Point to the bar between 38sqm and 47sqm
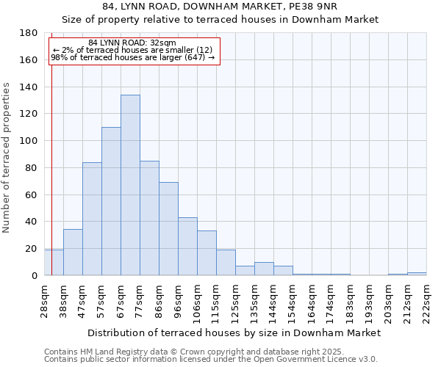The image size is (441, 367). [73, 252]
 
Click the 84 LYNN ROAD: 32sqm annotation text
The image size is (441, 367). [132, 43]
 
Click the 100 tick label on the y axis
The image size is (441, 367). [29, 141]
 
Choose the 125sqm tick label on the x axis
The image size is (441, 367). [236, 299]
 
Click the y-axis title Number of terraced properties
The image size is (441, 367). [7, 158]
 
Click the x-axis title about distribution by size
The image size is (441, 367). [234, 333]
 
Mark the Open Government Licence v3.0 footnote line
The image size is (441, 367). [211, 359]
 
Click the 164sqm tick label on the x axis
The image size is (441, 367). [312, 299]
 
